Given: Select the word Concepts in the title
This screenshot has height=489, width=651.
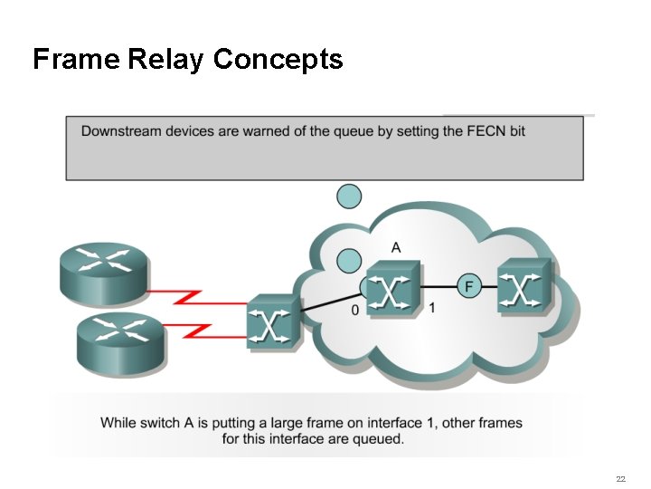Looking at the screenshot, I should coord(278,60).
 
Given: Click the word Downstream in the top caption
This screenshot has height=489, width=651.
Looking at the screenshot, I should coord(121,131).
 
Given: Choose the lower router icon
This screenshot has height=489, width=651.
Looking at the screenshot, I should coord(120,339).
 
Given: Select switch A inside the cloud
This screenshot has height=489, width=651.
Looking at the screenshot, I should coord(392,288).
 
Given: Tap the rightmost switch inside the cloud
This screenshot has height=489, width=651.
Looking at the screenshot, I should coord(524,286).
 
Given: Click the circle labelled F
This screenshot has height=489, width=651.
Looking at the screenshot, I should coord(467,286).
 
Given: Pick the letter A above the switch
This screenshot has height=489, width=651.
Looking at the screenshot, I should coord(396,247).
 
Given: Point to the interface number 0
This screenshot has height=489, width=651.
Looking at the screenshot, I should coord(354,310).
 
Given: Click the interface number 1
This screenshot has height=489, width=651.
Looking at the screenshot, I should coord(432,308).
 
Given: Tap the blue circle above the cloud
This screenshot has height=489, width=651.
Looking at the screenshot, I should coord(349,196).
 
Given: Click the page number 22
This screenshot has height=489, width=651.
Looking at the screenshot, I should coord(620,478).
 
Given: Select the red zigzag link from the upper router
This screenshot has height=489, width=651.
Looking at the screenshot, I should coord(194,295).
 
